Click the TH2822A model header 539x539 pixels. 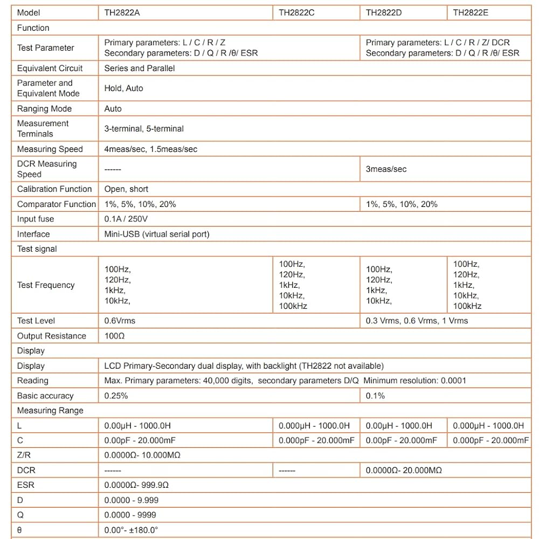click(x=122, y=12)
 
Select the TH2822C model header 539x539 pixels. click(x=296, y=12)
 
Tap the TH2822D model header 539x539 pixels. click(x=384, y=12)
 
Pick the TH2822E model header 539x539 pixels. click(x=471, y=12)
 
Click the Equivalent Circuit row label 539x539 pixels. click(x=50, y=68)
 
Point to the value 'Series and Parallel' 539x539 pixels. click(x=140, y=68)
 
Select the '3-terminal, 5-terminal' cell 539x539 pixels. click(x=144, y=129)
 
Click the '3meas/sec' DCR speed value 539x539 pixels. click(x=386, y=169)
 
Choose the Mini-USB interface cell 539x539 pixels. click(x=157, y=234)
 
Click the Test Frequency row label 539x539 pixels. click(x=46, y=285)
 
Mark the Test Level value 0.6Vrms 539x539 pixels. click(x=120, y=321)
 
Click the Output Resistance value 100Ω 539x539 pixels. click(x=115, y=336)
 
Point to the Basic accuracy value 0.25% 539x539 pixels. click(x=116, y=396)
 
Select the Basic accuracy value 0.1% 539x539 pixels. click(x=376, y=396)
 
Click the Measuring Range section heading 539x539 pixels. click(x=50, y=410)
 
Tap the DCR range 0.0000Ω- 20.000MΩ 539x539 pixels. click(x=404, y=470)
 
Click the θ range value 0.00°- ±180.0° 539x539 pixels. click(x=131, y=530)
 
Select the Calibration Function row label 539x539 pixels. click(x=54, y=189)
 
